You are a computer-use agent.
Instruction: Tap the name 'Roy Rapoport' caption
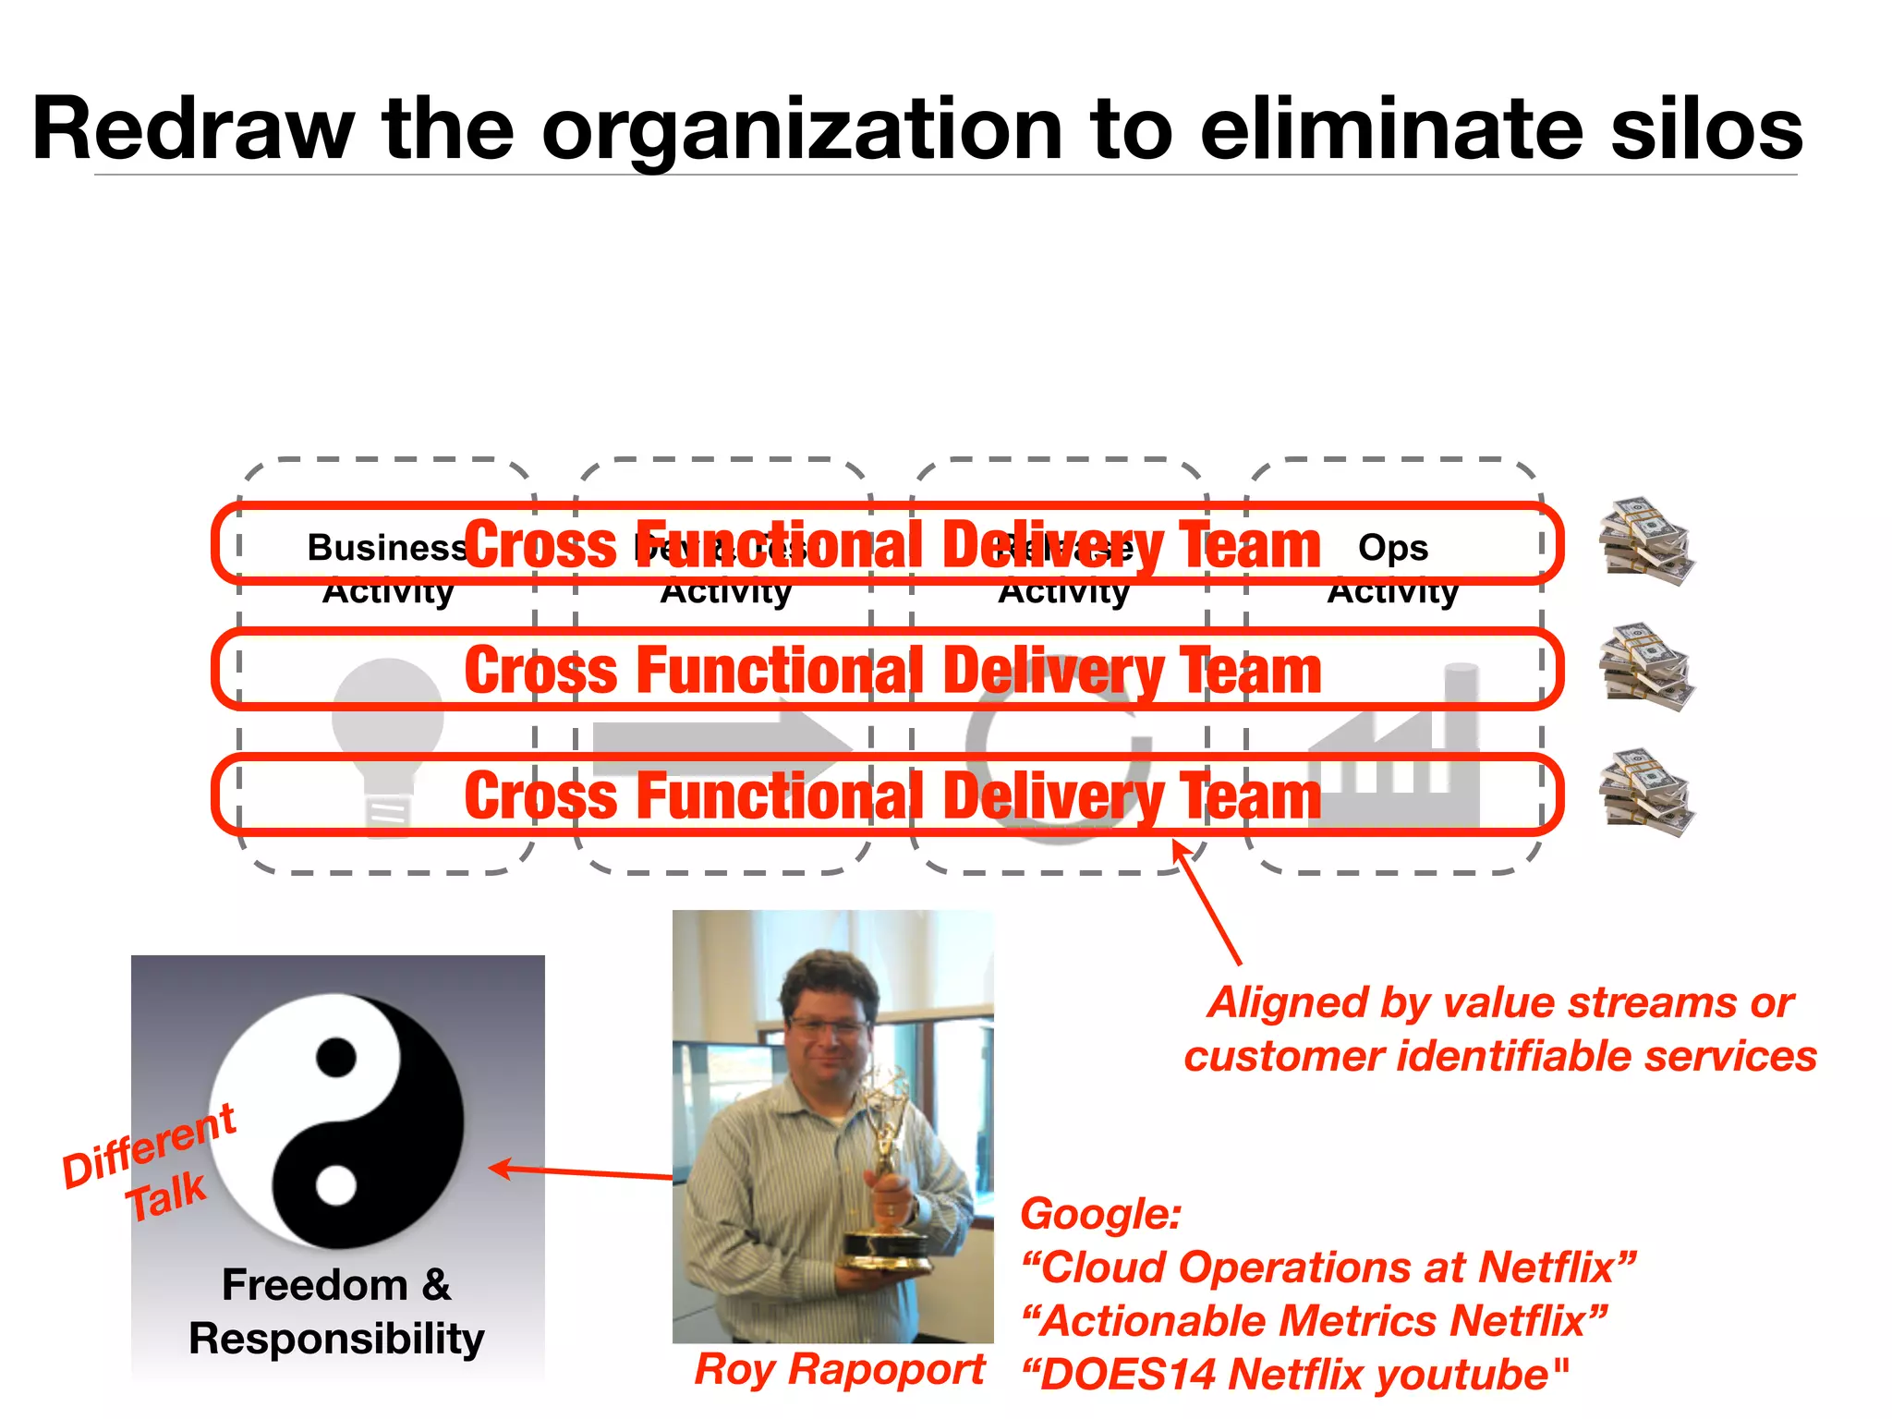(x=840, y=1369)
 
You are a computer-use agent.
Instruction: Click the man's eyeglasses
(x=829, y=1025)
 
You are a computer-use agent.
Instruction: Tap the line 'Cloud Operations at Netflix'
(x=1328, y=1267)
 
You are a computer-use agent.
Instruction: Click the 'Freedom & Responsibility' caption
(x=337, y=1312)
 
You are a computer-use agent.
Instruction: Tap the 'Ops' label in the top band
(x=1393, y=548)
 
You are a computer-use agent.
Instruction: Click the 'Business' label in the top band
(x=386, y=548)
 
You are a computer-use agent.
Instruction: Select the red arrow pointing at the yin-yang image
(x=582, y=1172)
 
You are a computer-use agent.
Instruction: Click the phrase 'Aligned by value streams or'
(x=1500, y=1003)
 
